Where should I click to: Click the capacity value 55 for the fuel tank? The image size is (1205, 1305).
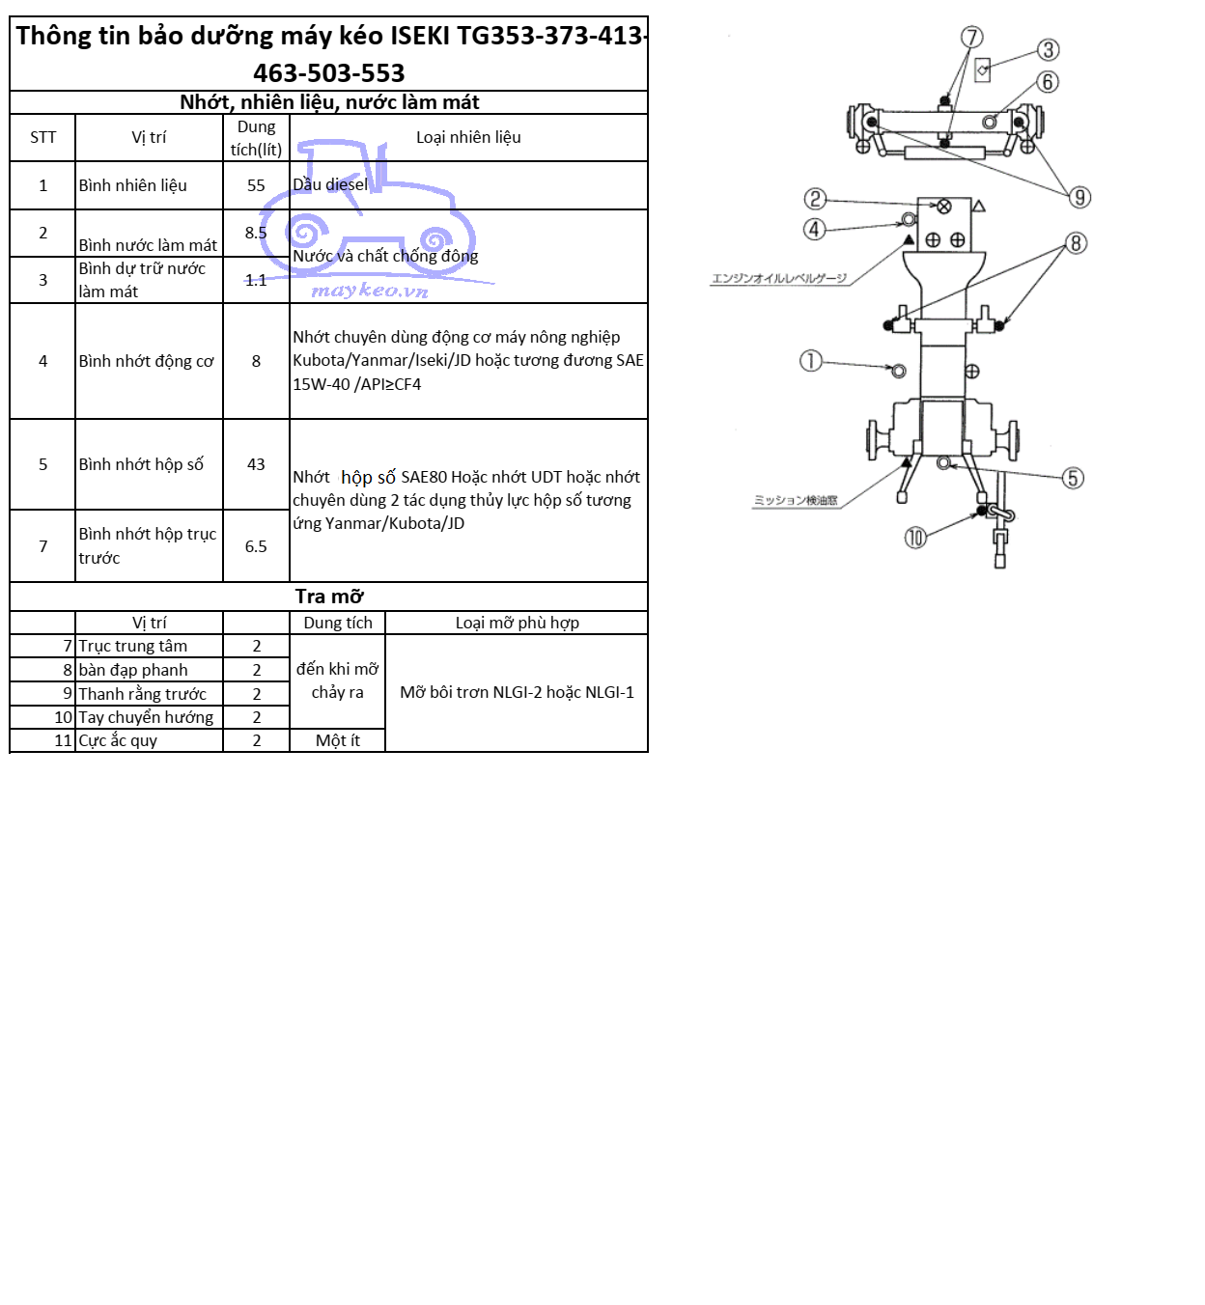pyautogui.click(x=256, y=185)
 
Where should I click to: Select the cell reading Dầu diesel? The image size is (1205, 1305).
pyautogui.click(x=330, y=184)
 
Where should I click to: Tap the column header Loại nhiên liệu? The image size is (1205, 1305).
pyautogui.click(x=468, y=137)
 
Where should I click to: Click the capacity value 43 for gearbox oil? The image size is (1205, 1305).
pyautogui.click(x=256, y=464)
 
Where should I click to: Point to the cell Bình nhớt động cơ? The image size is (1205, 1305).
pyautogui.click(x=146, y=361)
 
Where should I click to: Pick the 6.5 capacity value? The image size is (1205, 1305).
pyautogui.click(x=256, y=546)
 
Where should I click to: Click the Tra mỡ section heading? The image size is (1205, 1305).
pyautogui.click(x=329, y=597)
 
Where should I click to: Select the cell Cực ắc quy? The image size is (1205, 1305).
pyautogui.click(x=118, y=740)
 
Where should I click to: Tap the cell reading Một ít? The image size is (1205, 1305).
pyautogui.click(x=337, y=740)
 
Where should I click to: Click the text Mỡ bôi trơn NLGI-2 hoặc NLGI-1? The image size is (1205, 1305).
pyautogui.click(x=517, y=692)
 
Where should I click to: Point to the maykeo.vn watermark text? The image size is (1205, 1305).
pyautogui.click(x=370, y=290)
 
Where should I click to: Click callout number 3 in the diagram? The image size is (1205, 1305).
pyautogui.click(x=1048, y=50)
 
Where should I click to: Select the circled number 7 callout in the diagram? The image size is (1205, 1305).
pyautogui.click(x=971, y=37)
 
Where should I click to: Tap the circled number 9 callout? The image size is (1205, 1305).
pyautogui.click(x=1079, y=197)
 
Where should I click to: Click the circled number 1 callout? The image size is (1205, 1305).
pyautogui.click(x=810, y=361)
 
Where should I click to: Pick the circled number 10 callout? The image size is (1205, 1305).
pyautogui.click(x=914, y=538)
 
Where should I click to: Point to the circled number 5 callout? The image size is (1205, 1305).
pyautogui.click(x=1072, y=478)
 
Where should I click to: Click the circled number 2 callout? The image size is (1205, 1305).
pyautogui.click(x=815, y=199)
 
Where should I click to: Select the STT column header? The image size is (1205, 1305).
pyautogui.click(x=42, y=137)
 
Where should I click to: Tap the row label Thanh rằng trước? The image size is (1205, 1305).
pyautogui.click(x=143, y=694)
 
